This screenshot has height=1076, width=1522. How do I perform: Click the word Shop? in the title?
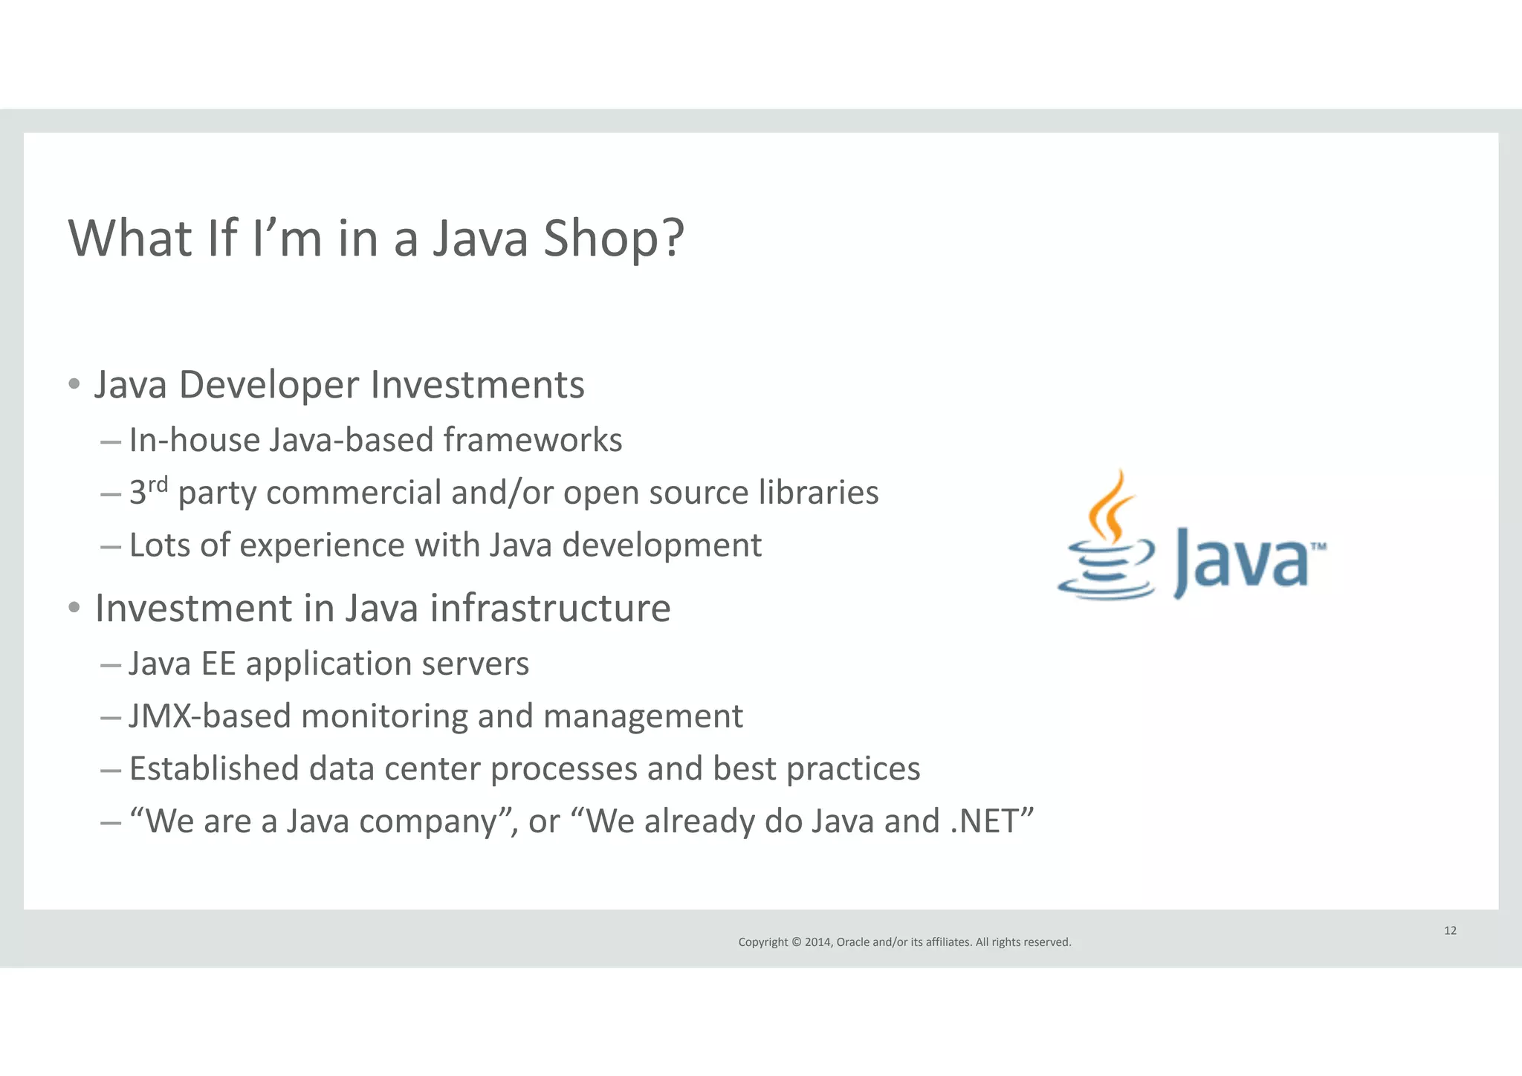click(x=613, y=239)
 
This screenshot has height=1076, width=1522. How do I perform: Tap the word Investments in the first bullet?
click(x=477, y=385)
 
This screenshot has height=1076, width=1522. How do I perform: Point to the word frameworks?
click(x=533, y=440)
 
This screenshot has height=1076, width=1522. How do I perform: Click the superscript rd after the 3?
click(x=158, y=484)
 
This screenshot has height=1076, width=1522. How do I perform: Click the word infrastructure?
click(x=550, y=609)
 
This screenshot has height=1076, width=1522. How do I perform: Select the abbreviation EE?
click(x=218, y=664)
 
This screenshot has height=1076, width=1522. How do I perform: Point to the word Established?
click(x=214, y=768)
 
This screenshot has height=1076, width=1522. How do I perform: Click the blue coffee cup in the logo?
click(x=1107, y=573)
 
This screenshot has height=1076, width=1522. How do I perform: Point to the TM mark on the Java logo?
click(x=1318, y=547)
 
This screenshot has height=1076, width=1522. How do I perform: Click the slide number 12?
click(x=1450, y=931)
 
